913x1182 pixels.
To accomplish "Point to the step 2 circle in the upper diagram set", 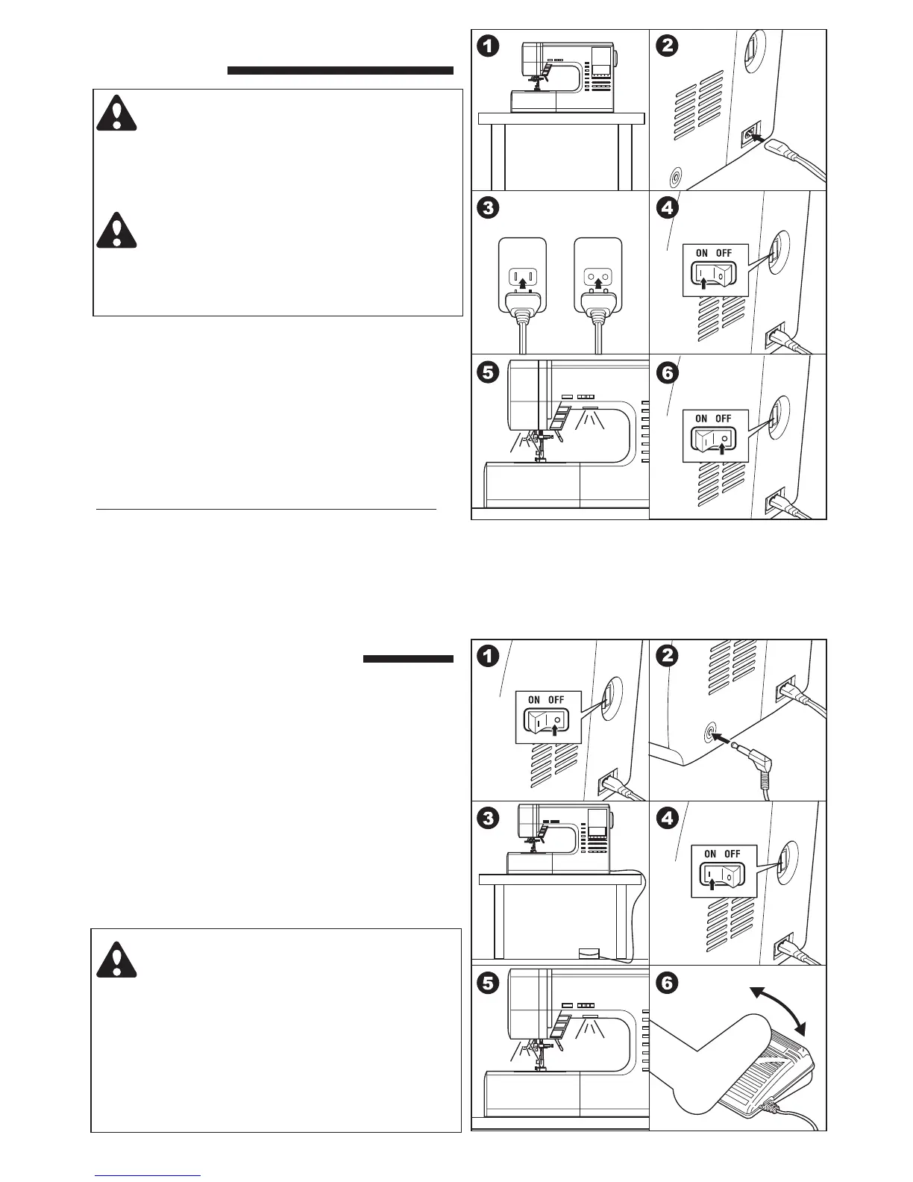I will pyautogui.click(x=666, y=46).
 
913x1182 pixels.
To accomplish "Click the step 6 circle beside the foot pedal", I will pyautogui.click(x=666, y=983).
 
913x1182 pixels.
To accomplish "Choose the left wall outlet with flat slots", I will pyautogui.click(x=522, y=278).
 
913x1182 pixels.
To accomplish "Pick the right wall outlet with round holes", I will pyautogui.click(x=597, y=278).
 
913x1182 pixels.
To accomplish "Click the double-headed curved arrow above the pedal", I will pyautogui.click(x=779, y=1010).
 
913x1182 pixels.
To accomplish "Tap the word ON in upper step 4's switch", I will pyautogui.click(x=702, y=253).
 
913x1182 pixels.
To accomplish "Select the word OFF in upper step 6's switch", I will pyautogui.click(x=724, y=419).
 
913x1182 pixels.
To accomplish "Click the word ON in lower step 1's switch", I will pyautogui.click(x=534, y=700).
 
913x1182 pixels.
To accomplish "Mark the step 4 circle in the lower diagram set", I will pyautogui.click(x=666, y=818).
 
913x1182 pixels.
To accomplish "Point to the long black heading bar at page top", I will pyautogui.click(x=340, y=71).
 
